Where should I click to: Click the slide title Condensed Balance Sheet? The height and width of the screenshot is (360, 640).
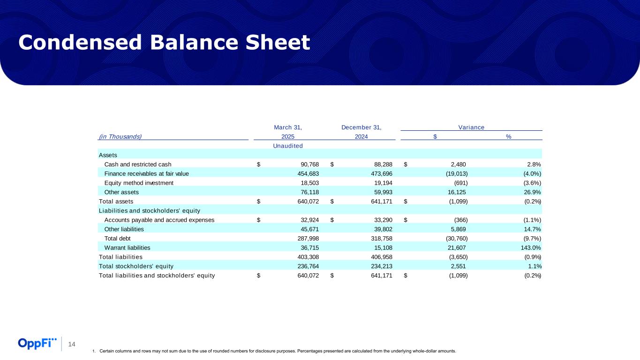pyautogui.click(x=164, y=43)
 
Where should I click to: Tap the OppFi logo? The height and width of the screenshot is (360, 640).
pyautogui.click(x=38, y=343)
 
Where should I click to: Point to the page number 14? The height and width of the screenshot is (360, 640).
pyautogui.click(x=72, y=345)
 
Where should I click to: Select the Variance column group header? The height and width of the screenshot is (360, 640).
pyautogui.click(x=471, y=127)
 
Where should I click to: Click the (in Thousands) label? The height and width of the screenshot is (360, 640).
pyautogui.click(x=120, y=136)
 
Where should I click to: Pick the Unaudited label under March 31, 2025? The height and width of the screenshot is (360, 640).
pyautogui.click(x=287, y=145)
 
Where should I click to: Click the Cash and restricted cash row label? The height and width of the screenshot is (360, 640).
pyautogui.click(x=138, y=164)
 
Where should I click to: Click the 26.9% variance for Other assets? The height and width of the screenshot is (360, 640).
pyautogui.click(x=533, y=192)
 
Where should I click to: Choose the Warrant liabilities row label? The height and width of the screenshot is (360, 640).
pyautogui.click(x=127, y=247)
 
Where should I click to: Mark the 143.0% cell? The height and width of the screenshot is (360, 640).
pyautogui.click(x=531, y=247)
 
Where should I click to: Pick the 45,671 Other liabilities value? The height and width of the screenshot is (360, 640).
pyautogui.click(x=309, y=229)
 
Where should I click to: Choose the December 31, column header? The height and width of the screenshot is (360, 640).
pyautogui.click(x=361, y=127)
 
